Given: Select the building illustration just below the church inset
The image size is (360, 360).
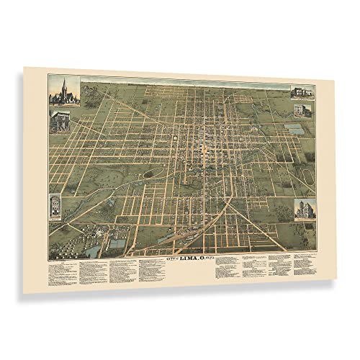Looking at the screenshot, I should tap(63, 120).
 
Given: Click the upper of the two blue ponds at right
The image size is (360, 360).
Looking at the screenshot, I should tap(294, 130).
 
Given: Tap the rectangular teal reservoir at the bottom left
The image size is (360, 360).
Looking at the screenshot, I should tap(115, 244).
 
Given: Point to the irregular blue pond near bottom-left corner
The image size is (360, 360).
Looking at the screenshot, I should tap(93, 250).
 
